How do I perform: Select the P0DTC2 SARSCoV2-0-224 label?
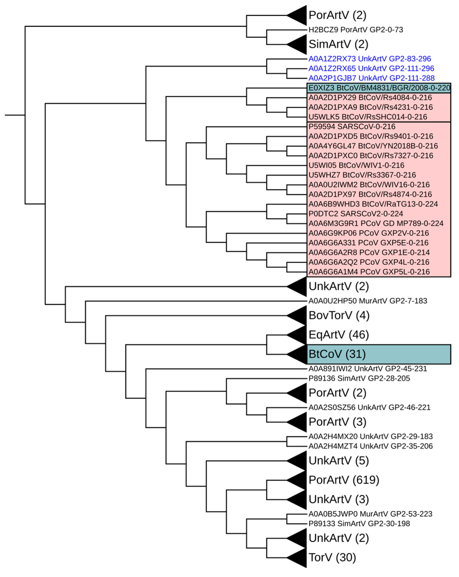point(355,214)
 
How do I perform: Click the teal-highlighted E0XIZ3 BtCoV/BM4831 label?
point(379,88)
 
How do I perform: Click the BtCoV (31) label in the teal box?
point(337,354)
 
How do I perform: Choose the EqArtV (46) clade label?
point(338,335)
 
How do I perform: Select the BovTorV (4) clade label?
point(339,315)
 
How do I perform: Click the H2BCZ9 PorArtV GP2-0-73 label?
point(355,30)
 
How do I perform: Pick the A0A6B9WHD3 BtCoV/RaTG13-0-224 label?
point(373,204)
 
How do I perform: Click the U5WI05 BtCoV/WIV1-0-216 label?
point(356,165)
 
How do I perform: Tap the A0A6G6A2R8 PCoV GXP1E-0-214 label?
point(369,252)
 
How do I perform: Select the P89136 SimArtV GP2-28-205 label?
point(359,378)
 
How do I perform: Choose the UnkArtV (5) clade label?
point(338,461)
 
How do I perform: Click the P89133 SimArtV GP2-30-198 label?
point(359,523)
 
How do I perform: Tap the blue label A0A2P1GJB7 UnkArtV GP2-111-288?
point(371,78)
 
